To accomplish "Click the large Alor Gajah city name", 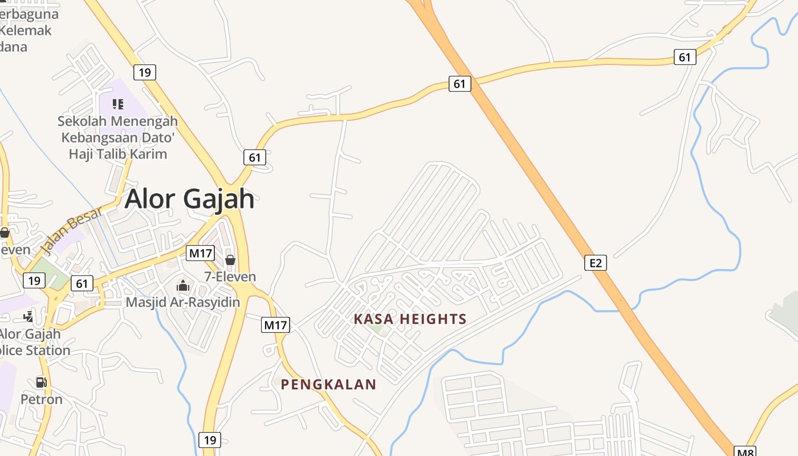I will (189, 199).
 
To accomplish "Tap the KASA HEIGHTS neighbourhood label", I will (410, 319).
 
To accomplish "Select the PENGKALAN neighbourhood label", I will (328, 385).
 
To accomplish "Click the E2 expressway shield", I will (595, 263).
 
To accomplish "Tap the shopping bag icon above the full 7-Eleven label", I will (230, 260).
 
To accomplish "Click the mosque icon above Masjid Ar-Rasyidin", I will (182, 286).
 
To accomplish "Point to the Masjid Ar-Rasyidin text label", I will (182, 302).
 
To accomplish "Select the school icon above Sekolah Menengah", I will (117, 104).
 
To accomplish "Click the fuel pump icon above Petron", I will (41, 382).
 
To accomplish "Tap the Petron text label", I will (42, 399).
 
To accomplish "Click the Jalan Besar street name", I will (71, 230).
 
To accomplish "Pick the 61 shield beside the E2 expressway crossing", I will (459, 84).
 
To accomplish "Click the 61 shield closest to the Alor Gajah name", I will (254, 157).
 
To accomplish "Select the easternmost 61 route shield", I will (685, 57).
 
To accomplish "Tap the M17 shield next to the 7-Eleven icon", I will (201, 253).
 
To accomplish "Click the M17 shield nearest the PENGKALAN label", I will (276, 325).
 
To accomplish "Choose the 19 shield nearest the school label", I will (145, 72).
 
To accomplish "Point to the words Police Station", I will (35, 350).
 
